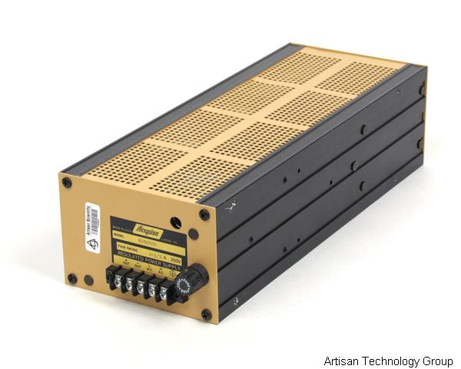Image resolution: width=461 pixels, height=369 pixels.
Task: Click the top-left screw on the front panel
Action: (67, 183)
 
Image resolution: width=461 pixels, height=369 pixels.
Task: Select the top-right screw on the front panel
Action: (204, 215)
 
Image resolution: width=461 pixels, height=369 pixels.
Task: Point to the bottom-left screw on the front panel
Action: (72, 278)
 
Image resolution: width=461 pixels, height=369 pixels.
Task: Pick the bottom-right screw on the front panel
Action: (206, 313)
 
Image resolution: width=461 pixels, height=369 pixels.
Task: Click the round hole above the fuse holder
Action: (176, 222)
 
